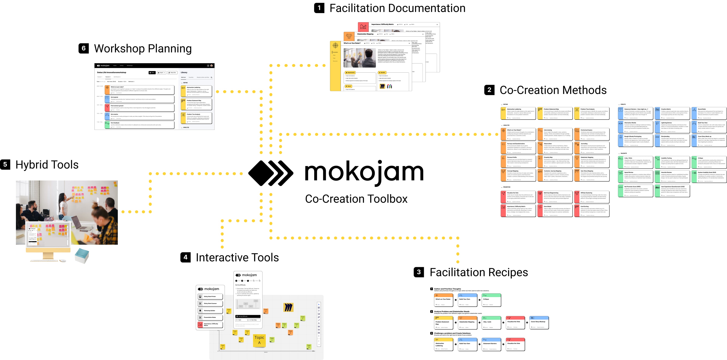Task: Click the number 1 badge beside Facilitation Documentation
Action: pos(319,8)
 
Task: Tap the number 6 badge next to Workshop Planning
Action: pos(83,48)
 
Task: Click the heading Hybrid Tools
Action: pos(47,165)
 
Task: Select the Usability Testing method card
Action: pos(672,162)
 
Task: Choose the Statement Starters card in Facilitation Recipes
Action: pos(491,344)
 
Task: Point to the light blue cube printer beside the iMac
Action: pos(82,256)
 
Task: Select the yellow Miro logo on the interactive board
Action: pos(288,307)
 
